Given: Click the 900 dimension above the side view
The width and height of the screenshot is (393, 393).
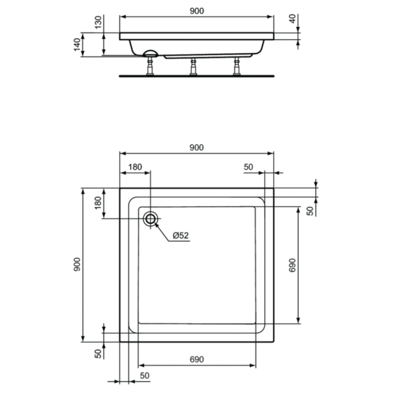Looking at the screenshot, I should pos(196,11).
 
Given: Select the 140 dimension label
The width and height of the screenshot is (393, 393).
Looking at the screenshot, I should pos(77,44).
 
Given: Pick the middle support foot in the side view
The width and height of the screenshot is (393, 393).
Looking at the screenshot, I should pos(193,67).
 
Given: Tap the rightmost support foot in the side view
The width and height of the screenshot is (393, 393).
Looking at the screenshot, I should pos(236,67).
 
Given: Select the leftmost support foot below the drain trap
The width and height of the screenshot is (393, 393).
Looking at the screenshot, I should pos(150,68).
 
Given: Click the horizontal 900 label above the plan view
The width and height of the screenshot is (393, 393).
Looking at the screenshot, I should pos(196,148).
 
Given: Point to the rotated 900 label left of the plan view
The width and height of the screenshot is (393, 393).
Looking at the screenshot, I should pos(77,265).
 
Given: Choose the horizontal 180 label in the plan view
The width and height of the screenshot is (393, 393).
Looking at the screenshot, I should pos(134,167).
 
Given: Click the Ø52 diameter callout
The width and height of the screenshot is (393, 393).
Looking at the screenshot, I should pos(181,235).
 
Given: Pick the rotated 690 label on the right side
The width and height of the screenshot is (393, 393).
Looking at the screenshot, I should pos(293,265).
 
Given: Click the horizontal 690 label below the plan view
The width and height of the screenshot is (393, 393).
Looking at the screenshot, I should pos(198,360).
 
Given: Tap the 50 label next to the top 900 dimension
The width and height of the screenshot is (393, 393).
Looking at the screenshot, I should pos(248,167).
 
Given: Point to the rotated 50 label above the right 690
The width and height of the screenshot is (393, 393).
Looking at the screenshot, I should pos(310,210).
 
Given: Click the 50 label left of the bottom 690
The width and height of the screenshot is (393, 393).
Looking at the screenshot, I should pos(145,375).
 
